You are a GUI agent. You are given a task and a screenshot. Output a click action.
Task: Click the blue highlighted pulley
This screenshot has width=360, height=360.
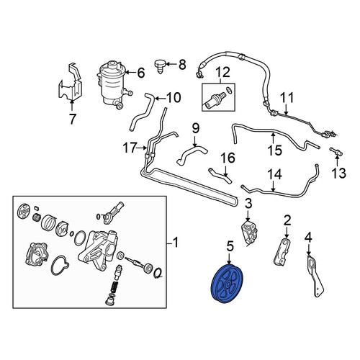[x=227, y=284]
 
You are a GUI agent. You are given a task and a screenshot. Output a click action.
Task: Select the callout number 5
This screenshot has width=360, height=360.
[x=230, y=247]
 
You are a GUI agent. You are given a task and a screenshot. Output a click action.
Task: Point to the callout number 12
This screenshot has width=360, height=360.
[x=222, y=73]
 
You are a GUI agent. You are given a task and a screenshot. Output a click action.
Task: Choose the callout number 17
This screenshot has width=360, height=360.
[x=130, y=148]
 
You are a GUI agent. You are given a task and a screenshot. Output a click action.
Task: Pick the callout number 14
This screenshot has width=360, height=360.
[x=274, y=174]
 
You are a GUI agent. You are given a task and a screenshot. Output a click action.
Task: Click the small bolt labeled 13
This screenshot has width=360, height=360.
[x=336, y=152]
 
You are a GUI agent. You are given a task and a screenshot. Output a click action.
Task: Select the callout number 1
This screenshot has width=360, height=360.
[x=176, y=243]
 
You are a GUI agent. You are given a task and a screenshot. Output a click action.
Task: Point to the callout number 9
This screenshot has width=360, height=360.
[x=196, y=128]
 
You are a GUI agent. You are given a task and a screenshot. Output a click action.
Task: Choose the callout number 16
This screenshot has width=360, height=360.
[x=228, y=158]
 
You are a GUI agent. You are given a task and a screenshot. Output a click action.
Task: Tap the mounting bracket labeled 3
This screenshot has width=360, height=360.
[x=249, y=233]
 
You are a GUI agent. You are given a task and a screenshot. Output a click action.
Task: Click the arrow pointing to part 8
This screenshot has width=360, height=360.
[x=171, y=64]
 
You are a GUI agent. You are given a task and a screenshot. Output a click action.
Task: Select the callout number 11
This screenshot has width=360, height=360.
[x=287, y=98]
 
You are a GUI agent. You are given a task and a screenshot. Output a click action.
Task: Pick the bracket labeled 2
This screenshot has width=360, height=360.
[x=283, y=251]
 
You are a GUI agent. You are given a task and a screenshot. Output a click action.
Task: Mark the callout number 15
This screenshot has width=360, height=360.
[x=275, y=150]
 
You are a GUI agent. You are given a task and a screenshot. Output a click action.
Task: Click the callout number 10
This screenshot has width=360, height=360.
[x=174, y=98]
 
